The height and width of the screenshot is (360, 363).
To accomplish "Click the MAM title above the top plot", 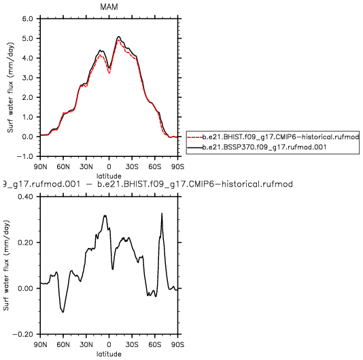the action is [109, 7].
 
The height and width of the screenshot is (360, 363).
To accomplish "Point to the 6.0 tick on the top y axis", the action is [28, 18].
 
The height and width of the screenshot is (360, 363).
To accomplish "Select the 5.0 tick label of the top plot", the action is [28, 38].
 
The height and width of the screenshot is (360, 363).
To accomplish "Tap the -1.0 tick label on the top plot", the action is [24, 156].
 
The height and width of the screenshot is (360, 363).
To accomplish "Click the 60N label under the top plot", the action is [63, 166].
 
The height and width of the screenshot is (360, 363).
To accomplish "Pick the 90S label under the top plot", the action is [178, 166].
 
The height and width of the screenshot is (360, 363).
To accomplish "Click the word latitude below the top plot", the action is [109, 176].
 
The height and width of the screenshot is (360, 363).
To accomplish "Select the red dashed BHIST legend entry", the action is [273, 137].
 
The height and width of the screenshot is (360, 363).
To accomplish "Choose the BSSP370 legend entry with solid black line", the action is [257, 147].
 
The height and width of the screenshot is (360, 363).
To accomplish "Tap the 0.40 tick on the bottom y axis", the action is [25, 196].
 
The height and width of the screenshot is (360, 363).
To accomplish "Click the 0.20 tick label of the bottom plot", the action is [25, 242].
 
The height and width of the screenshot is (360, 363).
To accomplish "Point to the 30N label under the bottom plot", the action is [86, 345].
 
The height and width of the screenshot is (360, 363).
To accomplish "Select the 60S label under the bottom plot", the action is [154, 345].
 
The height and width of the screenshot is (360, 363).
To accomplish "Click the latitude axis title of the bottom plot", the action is [109, 354].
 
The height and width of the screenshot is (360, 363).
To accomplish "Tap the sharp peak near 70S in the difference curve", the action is [162, 213].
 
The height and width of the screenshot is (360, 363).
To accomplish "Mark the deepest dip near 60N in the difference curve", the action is [63, 312].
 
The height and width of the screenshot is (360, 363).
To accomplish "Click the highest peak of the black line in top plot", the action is [119, 36].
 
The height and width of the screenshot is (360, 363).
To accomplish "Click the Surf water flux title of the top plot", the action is [11, 88].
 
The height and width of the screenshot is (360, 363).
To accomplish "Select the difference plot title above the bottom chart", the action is [146, 184].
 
